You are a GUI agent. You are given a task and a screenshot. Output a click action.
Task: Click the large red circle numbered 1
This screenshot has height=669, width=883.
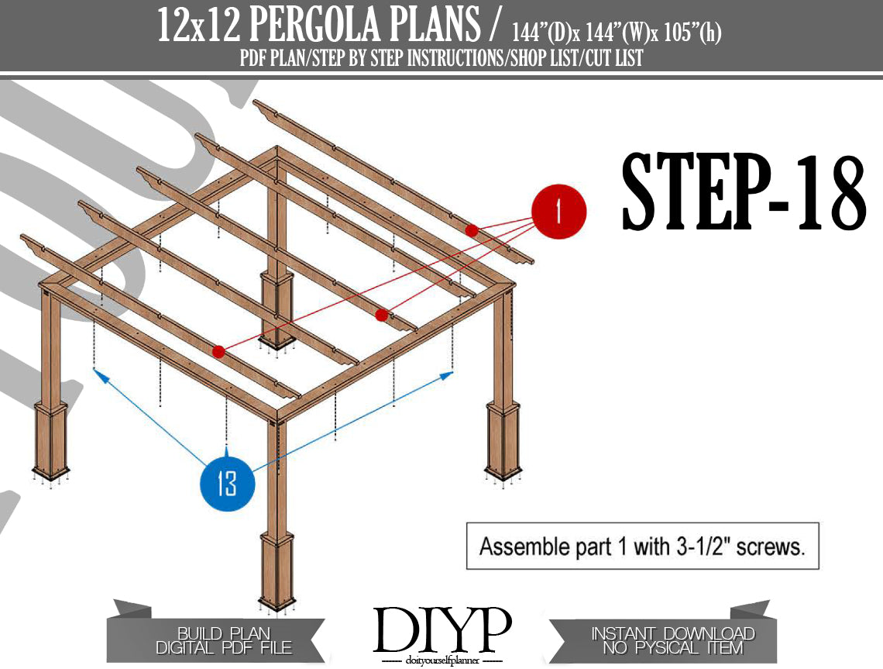558,212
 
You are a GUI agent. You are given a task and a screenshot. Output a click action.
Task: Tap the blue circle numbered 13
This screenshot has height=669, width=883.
228,484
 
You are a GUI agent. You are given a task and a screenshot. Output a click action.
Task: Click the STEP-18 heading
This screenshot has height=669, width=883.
744,191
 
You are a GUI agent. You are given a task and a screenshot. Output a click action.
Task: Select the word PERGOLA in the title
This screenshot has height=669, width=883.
364,26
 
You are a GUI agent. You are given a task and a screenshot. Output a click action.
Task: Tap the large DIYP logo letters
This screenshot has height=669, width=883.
442,629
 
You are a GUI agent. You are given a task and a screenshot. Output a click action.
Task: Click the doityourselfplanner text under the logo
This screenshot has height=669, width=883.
442,660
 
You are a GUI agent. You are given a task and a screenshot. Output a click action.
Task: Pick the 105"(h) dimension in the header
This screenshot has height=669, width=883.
692,33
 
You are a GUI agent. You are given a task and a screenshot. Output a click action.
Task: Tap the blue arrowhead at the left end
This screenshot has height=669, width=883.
101,375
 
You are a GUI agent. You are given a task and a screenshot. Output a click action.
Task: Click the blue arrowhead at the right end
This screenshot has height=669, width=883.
446,375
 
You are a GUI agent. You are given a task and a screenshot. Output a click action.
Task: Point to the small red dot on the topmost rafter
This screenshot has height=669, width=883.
472,230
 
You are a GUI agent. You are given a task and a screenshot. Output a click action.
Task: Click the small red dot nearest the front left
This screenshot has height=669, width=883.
218,352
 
